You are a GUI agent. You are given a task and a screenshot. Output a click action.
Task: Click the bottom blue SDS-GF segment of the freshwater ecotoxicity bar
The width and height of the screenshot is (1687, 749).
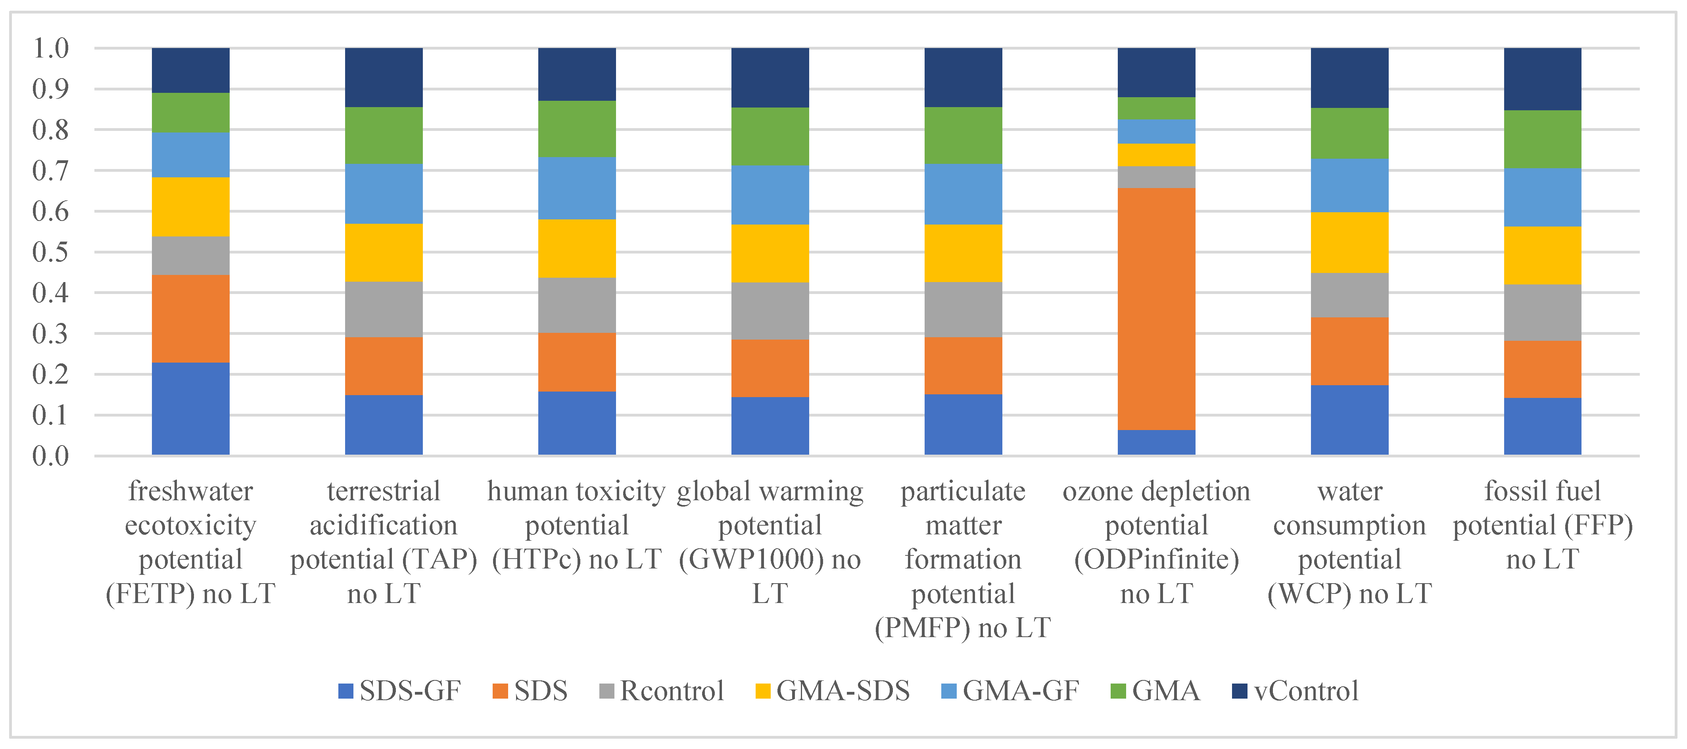coord(190,409)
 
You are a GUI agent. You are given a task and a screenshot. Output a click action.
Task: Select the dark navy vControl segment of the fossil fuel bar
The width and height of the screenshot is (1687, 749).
coord(1542,79)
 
